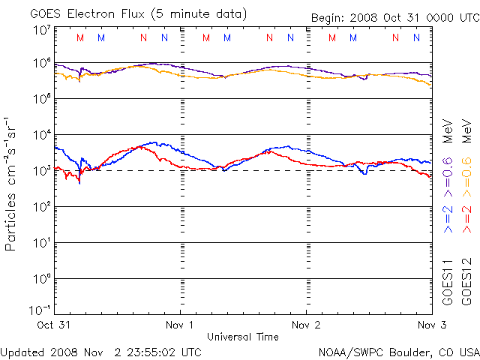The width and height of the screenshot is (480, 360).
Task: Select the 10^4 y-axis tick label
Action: [x=41, y=136]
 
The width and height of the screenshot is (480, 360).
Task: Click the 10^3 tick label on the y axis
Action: [x=41, y=171]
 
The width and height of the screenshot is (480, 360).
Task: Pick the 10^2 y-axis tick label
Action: [x=41, y=207]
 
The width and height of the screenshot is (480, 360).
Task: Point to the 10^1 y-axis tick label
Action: [x=41, y=243]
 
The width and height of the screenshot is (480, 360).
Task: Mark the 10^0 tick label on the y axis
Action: [x=41, y=279]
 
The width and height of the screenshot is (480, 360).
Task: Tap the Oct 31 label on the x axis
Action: [x=53, y=325]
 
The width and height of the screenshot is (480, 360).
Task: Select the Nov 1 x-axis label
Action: [x=180, y=325]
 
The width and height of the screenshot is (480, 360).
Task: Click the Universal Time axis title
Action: [x=243, y=337]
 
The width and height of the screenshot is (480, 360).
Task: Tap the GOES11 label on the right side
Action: [x=448, y=282]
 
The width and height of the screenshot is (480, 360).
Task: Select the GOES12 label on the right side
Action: [x=466, y=282]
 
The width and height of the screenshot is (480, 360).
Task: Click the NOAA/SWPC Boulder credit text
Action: [x=398, y=352]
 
